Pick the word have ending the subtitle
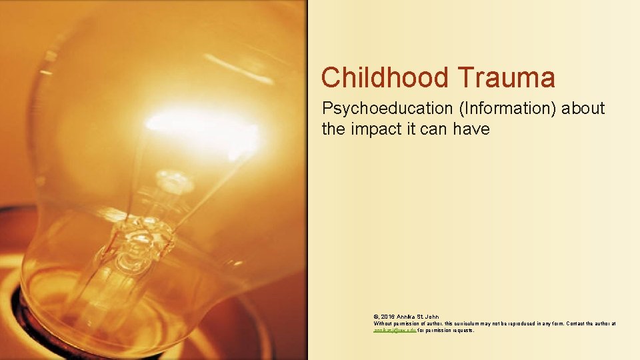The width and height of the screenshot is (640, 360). pos(471,129)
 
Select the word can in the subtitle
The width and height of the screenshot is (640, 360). pos(435,129)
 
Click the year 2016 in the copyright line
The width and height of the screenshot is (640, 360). pos(389,316)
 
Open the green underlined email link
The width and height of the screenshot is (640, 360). pos(395,329)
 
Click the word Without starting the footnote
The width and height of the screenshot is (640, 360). pos(383,323)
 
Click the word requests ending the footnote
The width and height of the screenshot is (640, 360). pos(462,329)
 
